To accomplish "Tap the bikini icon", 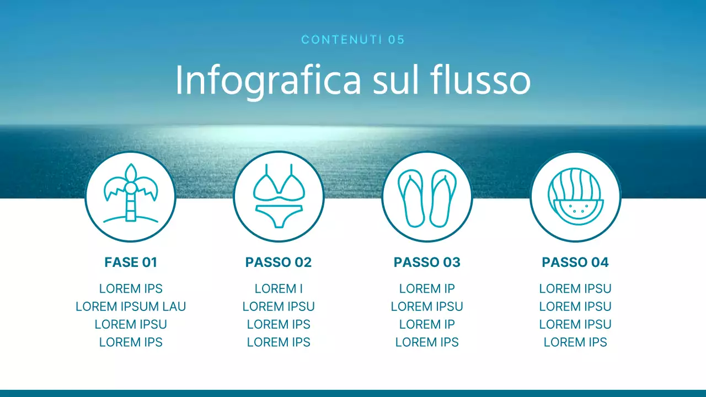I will point(279,196).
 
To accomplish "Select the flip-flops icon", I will point(427,197).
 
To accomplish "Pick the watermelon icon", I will point(575,197).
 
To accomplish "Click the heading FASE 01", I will point(131,262).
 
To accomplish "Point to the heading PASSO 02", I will point(279,262).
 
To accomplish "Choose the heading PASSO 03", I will point(427,262).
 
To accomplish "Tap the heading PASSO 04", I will point(575,262).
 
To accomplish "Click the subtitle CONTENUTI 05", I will point(353,40).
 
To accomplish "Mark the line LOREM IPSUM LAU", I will point(131,307).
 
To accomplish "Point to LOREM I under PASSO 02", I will point(279,289).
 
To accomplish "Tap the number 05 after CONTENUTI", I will point(397,40).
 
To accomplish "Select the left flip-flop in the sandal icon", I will point(411,198).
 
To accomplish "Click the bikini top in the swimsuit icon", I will point(279,185).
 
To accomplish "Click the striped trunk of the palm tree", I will point(131,208).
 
